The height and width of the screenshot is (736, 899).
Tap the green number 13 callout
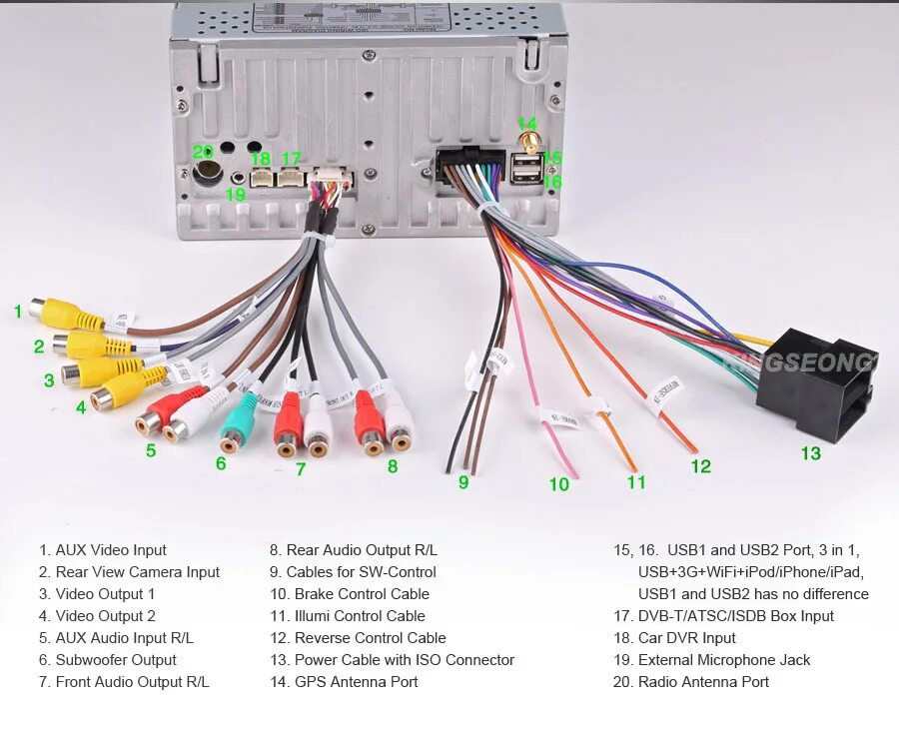[810, 453]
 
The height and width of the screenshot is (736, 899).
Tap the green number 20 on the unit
[204, 151]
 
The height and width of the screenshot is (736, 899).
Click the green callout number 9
[463, 482]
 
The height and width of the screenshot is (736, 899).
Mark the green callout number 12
[700, 465]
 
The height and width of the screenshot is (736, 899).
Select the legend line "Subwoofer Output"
[116, 660]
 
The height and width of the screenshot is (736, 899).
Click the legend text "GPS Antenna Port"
[356, 682]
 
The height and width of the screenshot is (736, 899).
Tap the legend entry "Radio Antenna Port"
[703, 682]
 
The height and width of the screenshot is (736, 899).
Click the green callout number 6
[221, 463]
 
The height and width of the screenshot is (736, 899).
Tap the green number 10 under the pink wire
[558, 484]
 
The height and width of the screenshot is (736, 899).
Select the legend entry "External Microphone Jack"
[723, 660]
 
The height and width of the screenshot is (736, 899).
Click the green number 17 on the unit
[291, 159]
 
